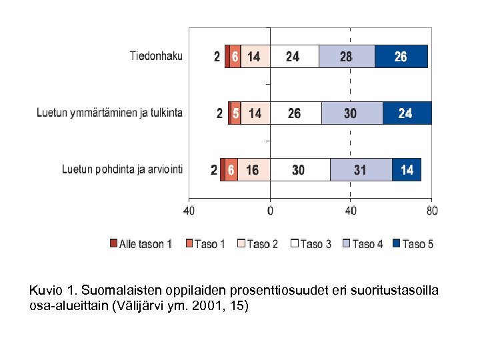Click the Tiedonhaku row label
coord(155,56)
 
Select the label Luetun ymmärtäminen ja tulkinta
coord(109,113)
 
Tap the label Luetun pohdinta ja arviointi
coord(122,169)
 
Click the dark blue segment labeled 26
coord(401,57)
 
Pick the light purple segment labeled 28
coord(346,57)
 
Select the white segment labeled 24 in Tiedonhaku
coord(293,57)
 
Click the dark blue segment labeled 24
coord(406,113)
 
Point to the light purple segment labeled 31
coord(361,170)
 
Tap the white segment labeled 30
coord(299,170)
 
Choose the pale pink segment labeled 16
coord(253,170)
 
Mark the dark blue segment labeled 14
coord(407,170)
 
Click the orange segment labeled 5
coord(235,113)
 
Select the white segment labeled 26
coord(295,113)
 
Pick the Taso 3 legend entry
coord(311,244)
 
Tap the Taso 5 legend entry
coord(413,244)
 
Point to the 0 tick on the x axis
coord(270,211)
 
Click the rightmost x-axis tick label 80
coord(431,211)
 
